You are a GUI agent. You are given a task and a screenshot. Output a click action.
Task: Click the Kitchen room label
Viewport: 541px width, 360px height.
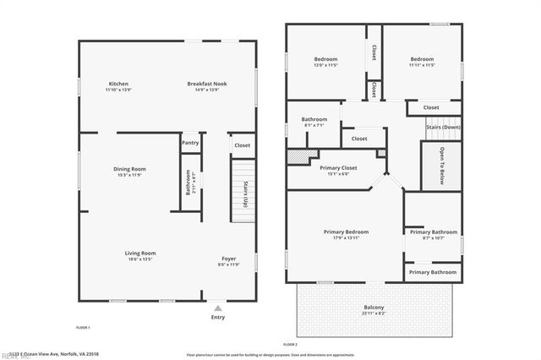118,84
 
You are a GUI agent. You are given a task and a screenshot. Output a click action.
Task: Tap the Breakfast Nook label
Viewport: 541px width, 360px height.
208,84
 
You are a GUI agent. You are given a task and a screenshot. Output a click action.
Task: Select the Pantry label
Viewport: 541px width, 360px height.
189,144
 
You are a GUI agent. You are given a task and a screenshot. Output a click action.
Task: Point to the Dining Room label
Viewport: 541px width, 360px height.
130,169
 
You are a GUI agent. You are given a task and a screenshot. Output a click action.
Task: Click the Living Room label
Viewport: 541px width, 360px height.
140,253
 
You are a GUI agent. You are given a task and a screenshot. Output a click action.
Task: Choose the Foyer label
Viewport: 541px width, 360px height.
228,259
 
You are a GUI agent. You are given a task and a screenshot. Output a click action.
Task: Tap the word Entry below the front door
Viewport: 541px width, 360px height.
218,317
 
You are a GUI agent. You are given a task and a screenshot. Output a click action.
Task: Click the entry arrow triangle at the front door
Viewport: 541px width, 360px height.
218,308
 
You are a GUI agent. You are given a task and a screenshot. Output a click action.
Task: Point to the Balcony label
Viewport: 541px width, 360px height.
374,307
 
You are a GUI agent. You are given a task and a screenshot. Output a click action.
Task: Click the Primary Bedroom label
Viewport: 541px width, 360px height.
347,232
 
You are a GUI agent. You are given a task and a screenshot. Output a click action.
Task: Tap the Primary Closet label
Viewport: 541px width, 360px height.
338,167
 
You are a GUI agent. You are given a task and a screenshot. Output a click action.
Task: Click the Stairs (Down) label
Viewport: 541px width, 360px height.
443,128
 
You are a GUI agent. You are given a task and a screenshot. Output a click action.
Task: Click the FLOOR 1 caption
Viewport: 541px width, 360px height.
83,327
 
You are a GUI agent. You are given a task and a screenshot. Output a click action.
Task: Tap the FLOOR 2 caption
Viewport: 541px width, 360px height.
291,345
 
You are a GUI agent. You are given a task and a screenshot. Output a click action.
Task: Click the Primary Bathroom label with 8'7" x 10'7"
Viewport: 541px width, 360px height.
434,232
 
